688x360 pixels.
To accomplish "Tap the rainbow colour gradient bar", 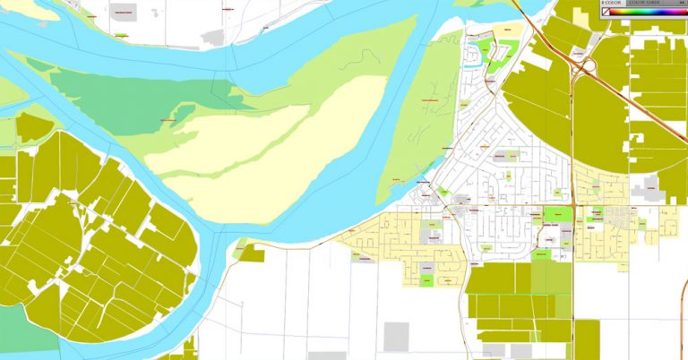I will tap(653, 12).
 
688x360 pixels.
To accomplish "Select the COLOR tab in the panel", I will tap(614, 3).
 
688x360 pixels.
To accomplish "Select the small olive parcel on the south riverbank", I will tap(254, 253).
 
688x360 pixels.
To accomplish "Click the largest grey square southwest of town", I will tap(396, 337).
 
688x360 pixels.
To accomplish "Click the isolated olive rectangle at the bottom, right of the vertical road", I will tap(587, 339).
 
